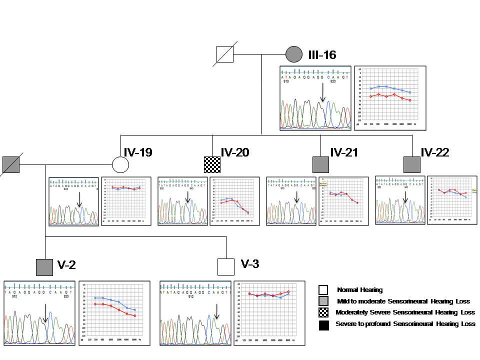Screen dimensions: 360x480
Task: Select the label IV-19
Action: tap(138, 152)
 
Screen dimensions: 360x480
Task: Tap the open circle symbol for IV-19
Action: tap(120, 164)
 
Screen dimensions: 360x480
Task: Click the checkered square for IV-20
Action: tap(212, 164)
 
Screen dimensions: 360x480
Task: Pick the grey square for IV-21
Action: tap(320, 164)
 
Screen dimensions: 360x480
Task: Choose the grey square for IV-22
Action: tap(412, 164)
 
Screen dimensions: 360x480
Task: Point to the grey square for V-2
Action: tap(44, 267)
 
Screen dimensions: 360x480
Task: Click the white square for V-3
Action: tap(226, 267)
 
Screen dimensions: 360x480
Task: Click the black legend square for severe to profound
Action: tap(323, 325)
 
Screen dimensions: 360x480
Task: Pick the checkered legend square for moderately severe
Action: tap(323, 313)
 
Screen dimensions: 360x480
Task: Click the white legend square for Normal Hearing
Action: tap(323, 289)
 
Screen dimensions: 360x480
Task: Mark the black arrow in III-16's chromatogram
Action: tap(323, 92)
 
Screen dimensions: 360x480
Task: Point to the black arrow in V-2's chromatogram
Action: tap(45, 313)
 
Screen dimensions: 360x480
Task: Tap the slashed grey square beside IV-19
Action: tap(10, 164)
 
